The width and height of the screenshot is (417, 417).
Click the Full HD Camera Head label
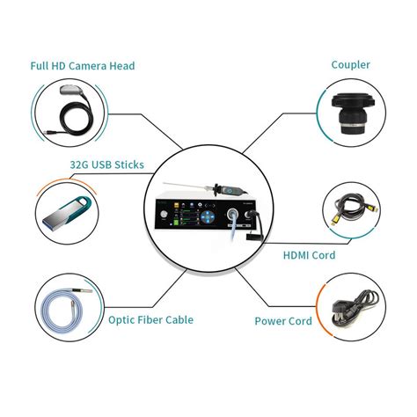(84, 66)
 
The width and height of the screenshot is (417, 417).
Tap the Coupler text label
(349, 64)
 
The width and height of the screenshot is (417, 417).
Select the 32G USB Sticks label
(106, 164)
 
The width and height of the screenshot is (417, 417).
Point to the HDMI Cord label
(309, 255)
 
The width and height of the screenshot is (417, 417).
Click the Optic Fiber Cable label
(150, 320)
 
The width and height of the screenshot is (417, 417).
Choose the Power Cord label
(283, 321)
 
